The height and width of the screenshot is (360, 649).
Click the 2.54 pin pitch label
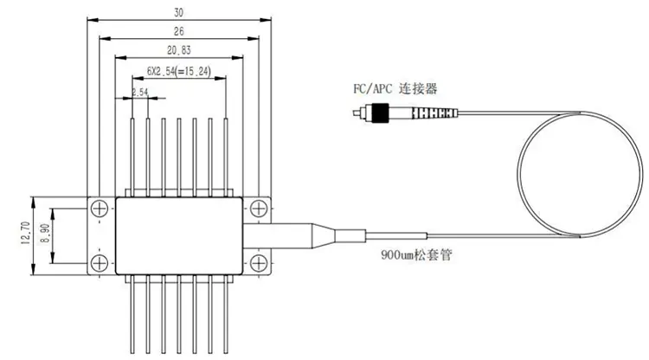pyautogui.click(x=138, y=91)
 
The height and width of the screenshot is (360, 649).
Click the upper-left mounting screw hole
pyautogui.click(x=100, y=208)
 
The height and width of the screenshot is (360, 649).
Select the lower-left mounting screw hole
pyautogui.click(x=100, y=261)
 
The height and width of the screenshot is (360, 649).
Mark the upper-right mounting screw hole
pyautogui.click(x=258, y=208)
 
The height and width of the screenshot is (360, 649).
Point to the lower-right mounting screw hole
pyautogui.click(x=258, y=261)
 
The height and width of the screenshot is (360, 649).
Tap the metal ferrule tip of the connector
pyautogui.click(x=357, y=112)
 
